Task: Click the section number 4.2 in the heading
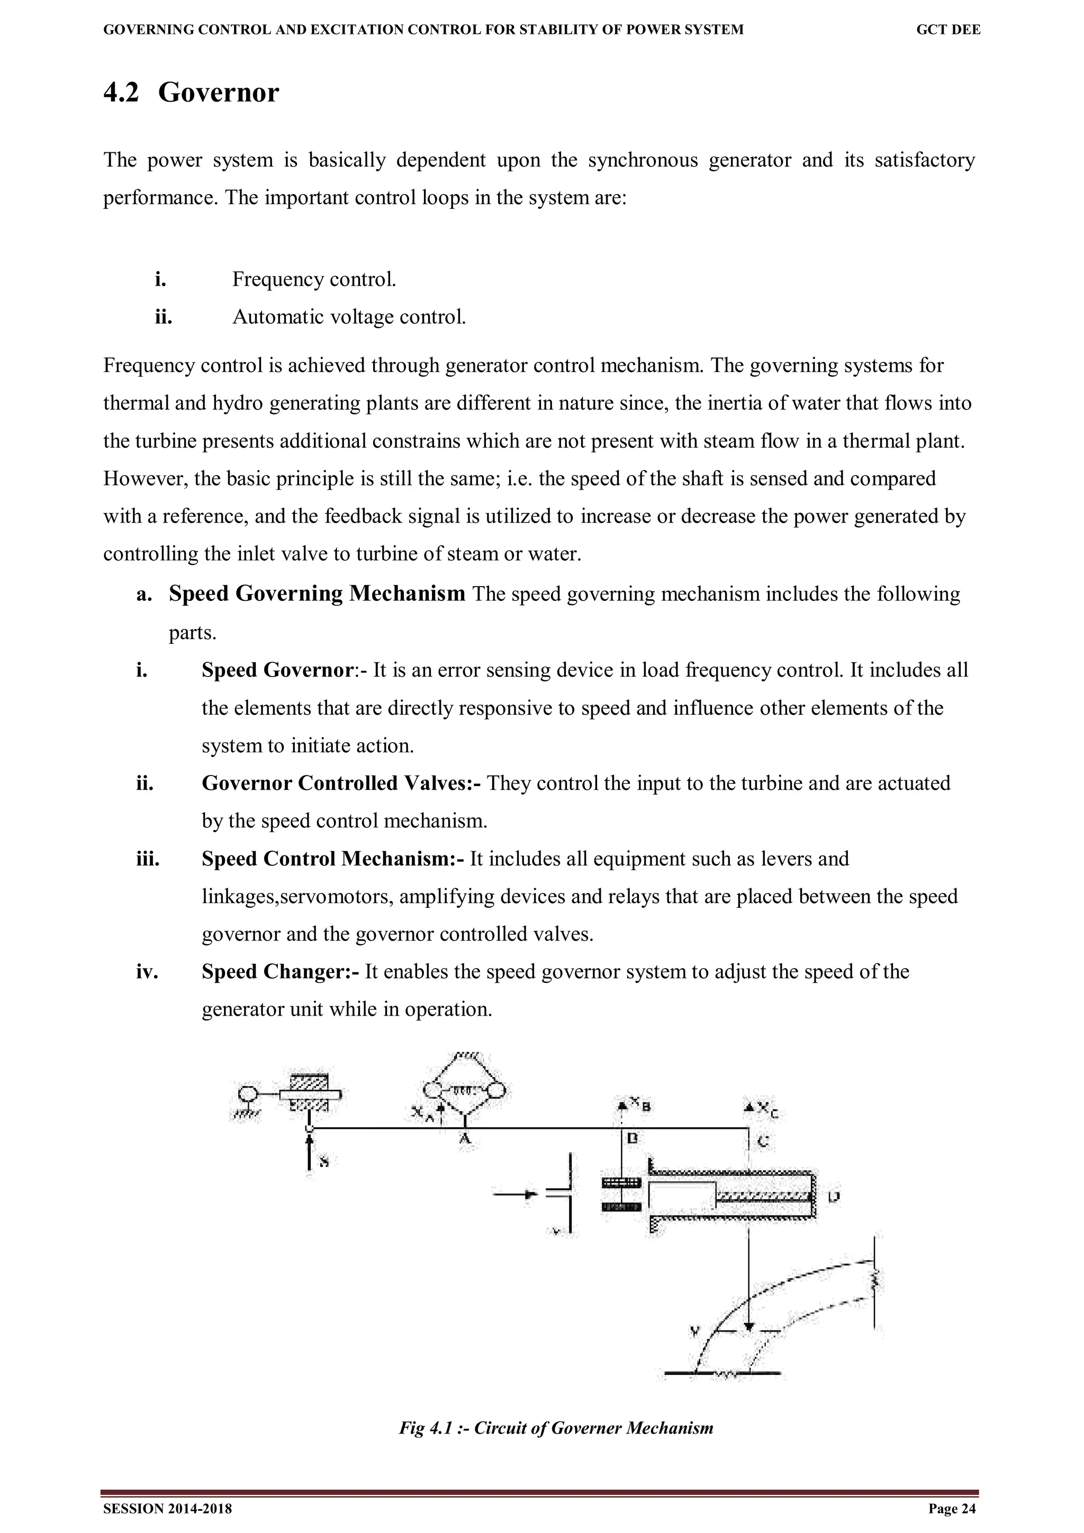pyautogui.click(x=121, y=92)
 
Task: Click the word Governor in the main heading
pyautogui.click(x=219, y=92)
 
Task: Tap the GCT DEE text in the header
pyautogui.click(x=948, y=30)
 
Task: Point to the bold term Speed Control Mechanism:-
pyautogui.click(x=332, y=859)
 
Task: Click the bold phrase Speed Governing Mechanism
pyautogui.click(x=317, y=594)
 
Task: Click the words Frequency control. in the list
pyautogui.click(x=314, y=279)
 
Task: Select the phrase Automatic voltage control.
pyautogui.click(x=349, y=316)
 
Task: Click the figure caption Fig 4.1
pyautogui.click(x=556, y=1428)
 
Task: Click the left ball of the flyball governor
pyautogui.click(x=431, y=1090)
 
